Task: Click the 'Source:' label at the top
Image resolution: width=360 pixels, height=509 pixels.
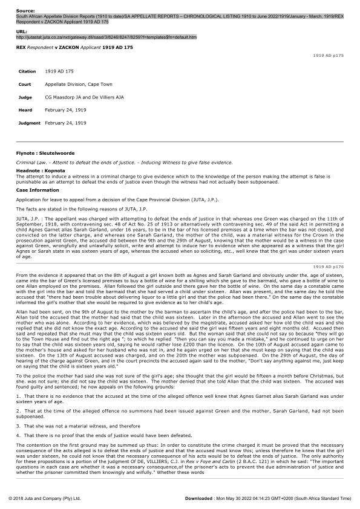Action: point(25,11)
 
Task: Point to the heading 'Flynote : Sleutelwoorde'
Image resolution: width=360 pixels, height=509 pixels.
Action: point(46,154)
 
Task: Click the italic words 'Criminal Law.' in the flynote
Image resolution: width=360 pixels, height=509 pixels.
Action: point(30,163)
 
